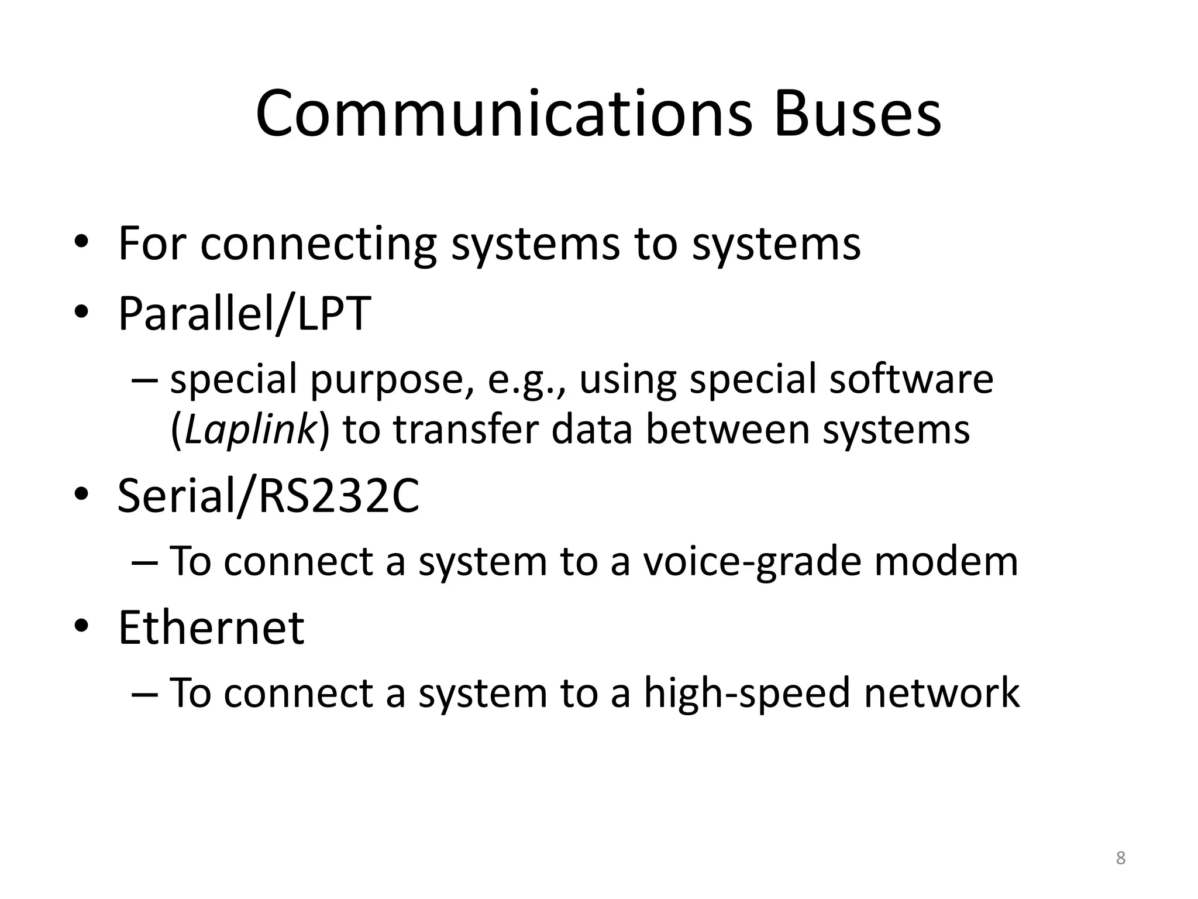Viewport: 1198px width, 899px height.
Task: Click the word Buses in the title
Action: tap(857, 114)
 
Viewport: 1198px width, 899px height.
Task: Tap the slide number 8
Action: tap(1120, 858)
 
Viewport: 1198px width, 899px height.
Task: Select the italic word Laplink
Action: tap(250, 430)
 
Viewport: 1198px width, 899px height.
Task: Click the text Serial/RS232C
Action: tap(268, 496)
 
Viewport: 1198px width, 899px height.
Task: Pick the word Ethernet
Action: tap(211, 627)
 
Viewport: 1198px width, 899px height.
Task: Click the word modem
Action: tap(946, 561)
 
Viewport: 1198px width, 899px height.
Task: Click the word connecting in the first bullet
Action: tap(318, 245)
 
